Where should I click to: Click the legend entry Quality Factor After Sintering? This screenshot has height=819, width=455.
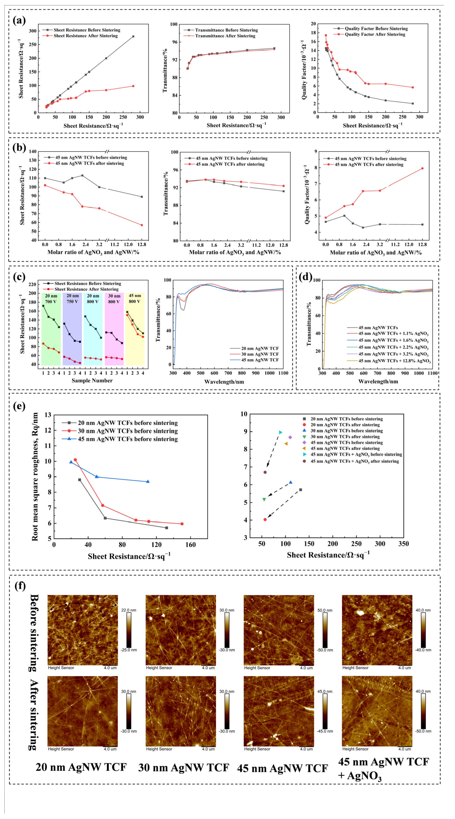(x=375, y=34)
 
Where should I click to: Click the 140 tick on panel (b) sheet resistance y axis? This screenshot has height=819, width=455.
(x=33, y=152)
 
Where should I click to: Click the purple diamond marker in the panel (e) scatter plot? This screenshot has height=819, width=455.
(x=290, y=437)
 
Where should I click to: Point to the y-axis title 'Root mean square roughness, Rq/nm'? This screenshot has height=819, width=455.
(x=35, y=477)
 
